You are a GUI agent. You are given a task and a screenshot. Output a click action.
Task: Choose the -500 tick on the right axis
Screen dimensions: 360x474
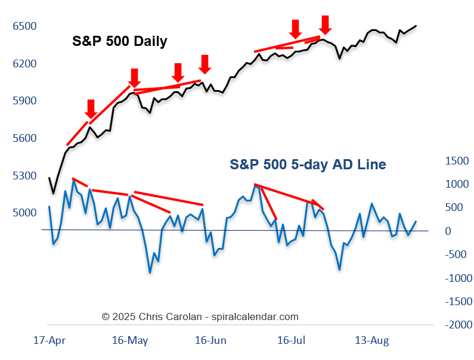456,255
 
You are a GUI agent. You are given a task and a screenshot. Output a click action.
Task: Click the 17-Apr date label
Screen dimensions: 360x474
49,341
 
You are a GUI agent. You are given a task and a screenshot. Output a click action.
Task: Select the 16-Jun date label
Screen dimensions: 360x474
210,341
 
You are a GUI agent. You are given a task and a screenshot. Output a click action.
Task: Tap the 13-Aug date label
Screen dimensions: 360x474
372,341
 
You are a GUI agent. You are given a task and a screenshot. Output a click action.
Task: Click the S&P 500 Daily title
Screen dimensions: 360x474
120,41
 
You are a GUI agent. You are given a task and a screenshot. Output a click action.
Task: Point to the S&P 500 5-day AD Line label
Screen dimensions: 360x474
308,165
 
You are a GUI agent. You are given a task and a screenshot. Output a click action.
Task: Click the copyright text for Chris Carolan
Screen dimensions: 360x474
200,317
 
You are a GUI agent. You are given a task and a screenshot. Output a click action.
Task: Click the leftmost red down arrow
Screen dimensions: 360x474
91,109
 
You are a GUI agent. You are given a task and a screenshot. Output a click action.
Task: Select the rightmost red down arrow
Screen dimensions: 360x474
324,25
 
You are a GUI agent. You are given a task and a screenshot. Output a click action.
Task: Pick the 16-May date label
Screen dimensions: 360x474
130,341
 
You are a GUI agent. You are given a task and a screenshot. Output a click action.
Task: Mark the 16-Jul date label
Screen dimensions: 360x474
292,341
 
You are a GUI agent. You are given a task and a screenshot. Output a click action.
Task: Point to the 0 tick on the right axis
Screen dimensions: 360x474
448,231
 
